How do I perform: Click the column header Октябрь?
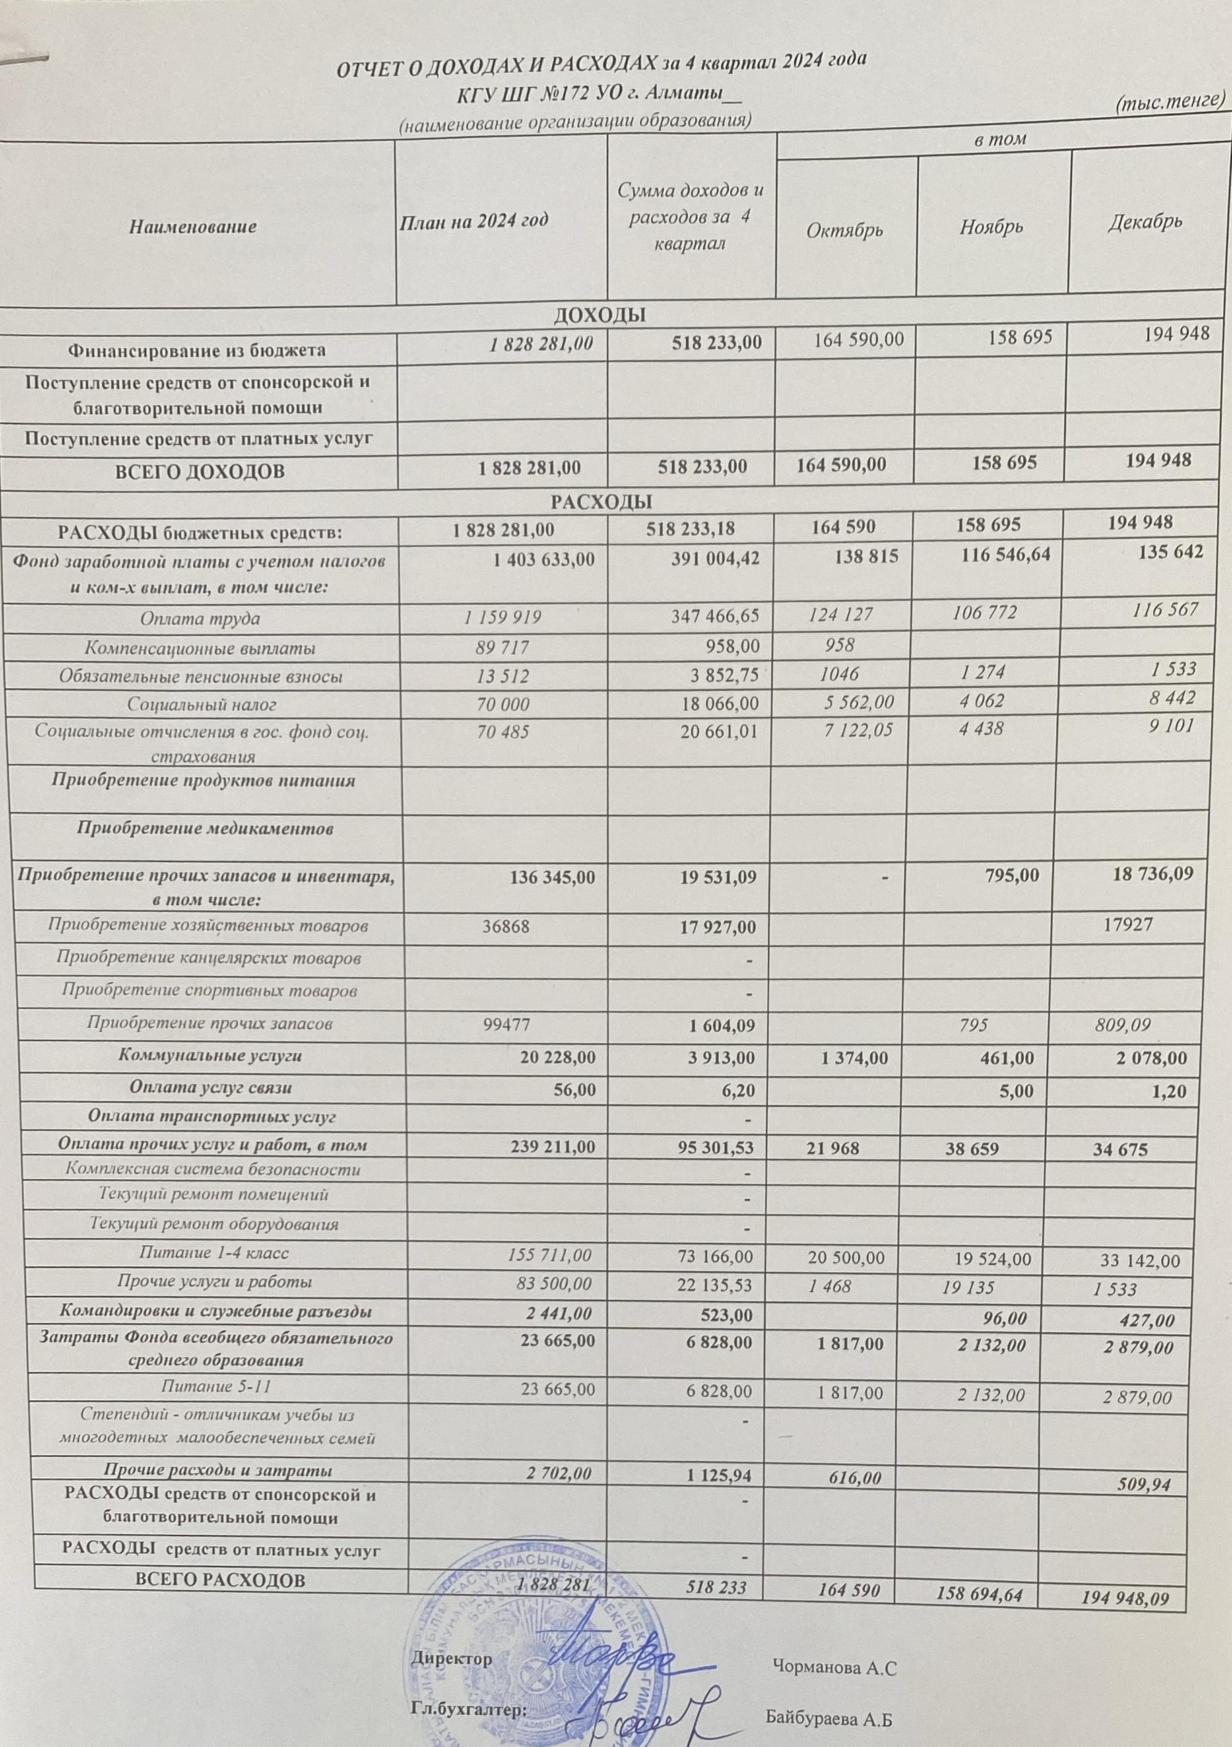tap(845, 229)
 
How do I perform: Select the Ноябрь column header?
tap(992, 227)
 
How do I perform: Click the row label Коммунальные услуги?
tap(210, 1056)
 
